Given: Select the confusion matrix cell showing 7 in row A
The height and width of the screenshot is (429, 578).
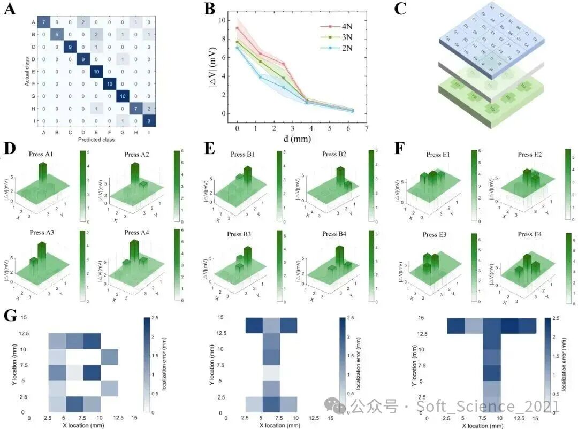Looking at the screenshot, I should tap(44, 22).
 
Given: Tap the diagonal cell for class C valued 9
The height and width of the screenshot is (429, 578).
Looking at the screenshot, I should tap(70, 47).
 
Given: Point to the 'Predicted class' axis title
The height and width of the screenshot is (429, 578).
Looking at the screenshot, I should tap(96, 140).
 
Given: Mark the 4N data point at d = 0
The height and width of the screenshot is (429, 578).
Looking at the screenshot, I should tap(237, 28).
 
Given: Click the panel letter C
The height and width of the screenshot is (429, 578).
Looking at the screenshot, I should tap(401, 9).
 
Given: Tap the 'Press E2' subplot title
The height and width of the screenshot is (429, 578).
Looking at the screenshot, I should tap(533, 155).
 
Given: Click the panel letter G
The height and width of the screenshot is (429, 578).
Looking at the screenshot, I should tap(10, 316).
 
